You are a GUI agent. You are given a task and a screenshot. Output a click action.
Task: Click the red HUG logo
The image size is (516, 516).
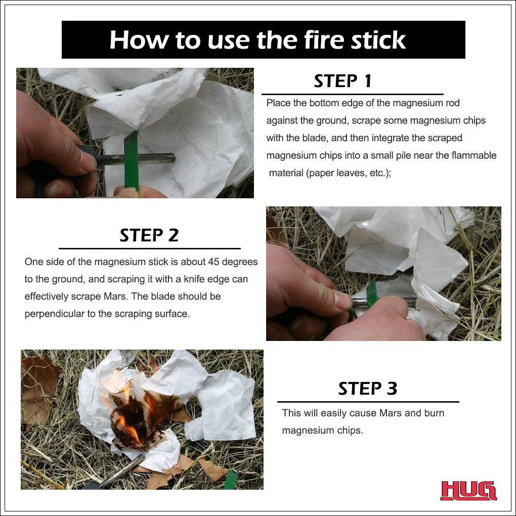click(x=468, y=491)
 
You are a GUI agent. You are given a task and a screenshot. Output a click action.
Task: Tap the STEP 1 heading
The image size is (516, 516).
click(x=342, y=81)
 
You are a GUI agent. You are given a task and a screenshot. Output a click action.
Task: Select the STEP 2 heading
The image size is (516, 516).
click(x=149, y=235)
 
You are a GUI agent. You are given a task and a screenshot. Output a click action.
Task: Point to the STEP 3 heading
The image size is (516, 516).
click(x=368, y=389)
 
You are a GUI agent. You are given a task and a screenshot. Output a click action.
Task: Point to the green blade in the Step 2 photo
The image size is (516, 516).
click(x=371, y=293)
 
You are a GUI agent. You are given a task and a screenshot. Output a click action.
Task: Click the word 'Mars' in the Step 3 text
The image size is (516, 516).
click(x=390, y=413)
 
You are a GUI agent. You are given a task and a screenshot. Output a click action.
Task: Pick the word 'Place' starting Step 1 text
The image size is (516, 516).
click(x=278, y=103)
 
